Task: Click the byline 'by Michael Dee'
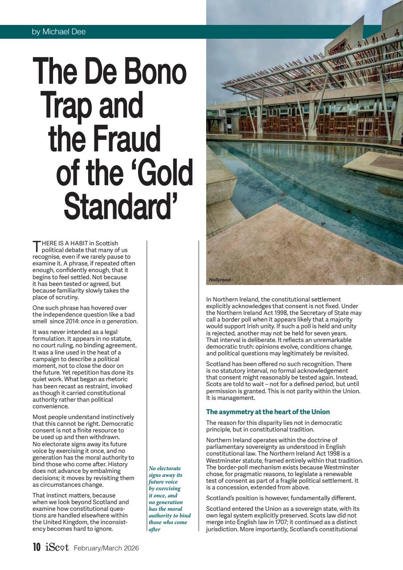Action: point(59,32)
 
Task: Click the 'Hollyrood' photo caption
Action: point(220,280)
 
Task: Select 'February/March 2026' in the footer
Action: point(106,548)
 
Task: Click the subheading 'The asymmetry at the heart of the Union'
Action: point(268,411)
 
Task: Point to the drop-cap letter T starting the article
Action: point(36,246)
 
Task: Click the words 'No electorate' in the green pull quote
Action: point(165,468)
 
